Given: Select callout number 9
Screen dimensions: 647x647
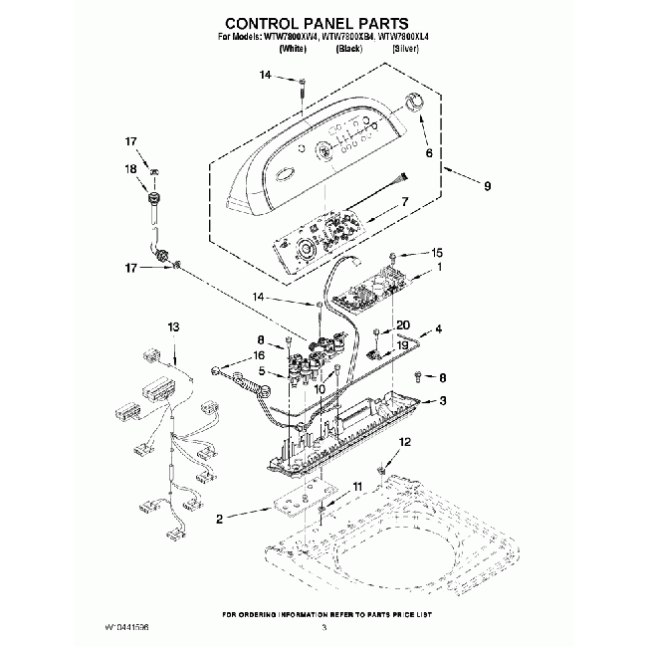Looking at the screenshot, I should coord(487,185).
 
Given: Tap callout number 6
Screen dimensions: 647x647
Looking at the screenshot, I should coord(429,154).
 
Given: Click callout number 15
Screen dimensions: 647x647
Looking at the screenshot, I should coord(436,253).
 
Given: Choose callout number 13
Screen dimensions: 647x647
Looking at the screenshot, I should coord(174,327).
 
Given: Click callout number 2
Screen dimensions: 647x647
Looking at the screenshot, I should coord(221,518).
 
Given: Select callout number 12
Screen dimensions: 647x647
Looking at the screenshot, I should coord(404,441).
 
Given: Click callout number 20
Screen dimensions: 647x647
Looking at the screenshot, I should coord(403,324).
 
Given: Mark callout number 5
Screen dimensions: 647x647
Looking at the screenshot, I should coord(261,371).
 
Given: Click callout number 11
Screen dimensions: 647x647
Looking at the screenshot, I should coord(357,486).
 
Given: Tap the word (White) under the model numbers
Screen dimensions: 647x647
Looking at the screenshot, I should coord(293,47).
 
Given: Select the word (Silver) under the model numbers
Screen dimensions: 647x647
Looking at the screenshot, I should coord(404,47).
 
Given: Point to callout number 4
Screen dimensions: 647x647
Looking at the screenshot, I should coord(438,328).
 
